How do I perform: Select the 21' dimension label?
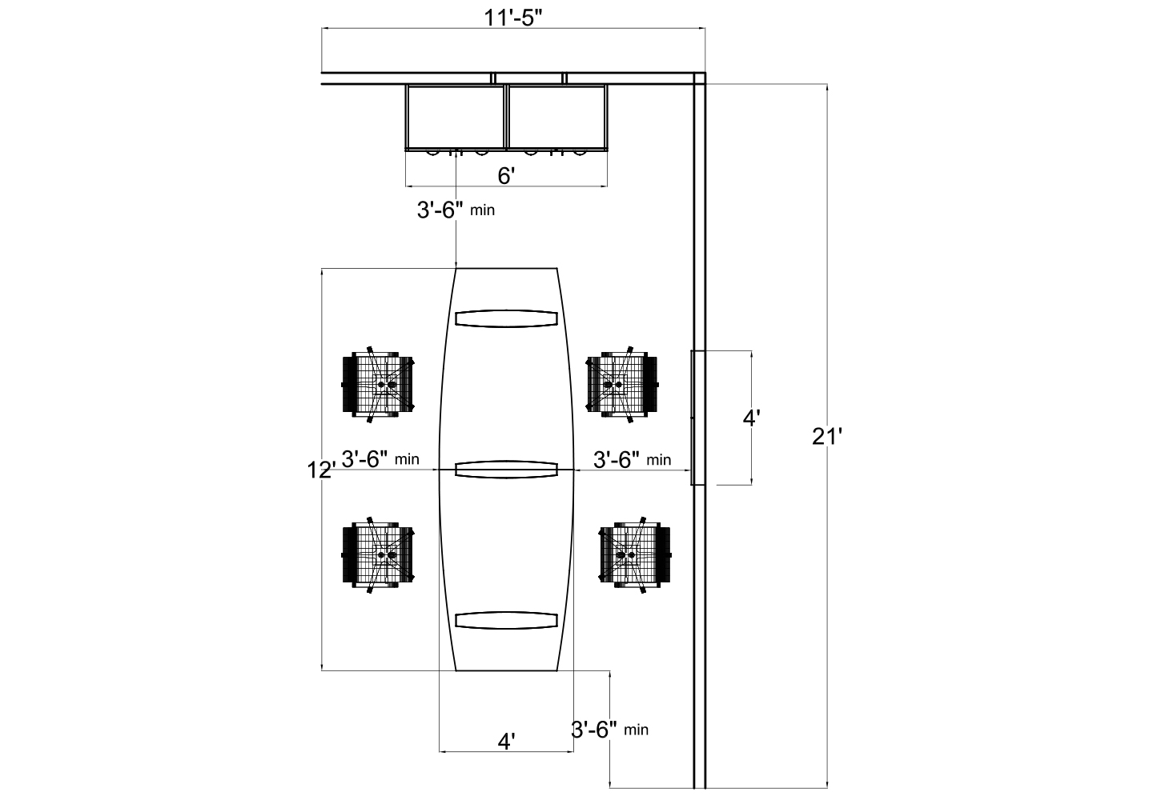[x=828, y=437]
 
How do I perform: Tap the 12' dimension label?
[x=321, y=470]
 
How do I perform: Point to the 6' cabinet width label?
[x=506, y=176]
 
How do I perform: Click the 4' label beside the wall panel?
[x=751, y=418]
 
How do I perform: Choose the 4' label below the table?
[x=506, y=741]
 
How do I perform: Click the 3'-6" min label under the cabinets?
[x=456, y=210]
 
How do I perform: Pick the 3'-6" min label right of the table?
[x=632, y=459]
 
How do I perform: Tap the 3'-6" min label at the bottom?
[x=609, y=729]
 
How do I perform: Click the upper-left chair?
[x=379, y=385]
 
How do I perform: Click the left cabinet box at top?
[x=456, y=117]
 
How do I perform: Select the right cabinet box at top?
[x=557, y=117]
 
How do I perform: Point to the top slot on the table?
[x=506, y=318]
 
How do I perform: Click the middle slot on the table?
[x=506, y=470]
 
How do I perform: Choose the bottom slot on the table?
[x=506, y=621]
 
